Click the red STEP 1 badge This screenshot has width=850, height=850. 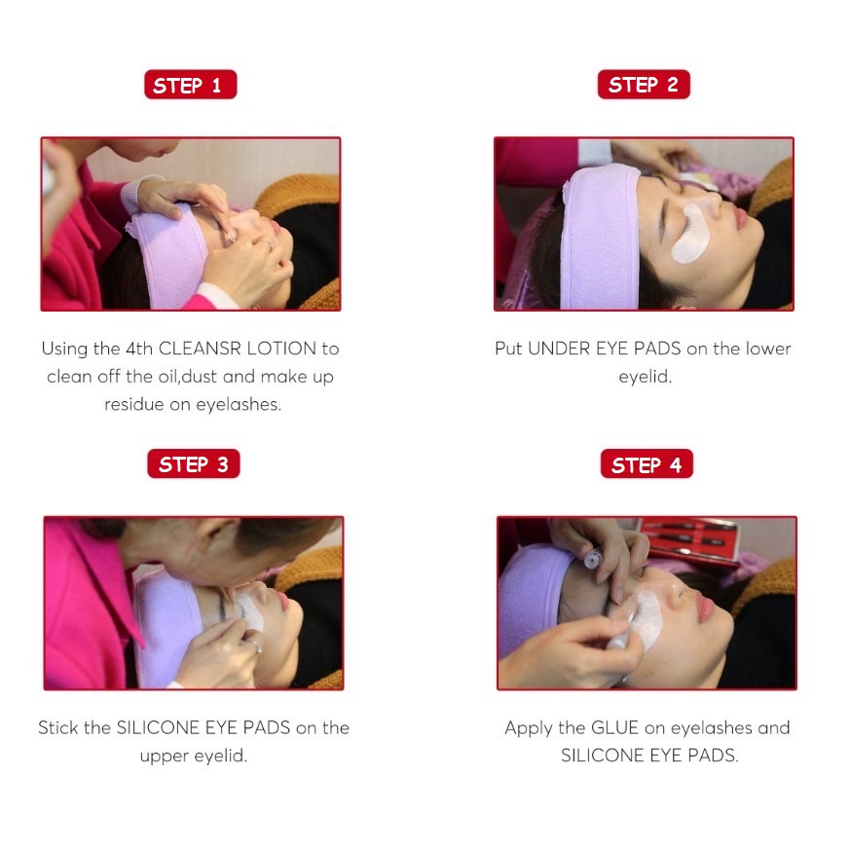(x=190, y=85)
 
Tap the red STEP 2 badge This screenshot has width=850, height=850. (x=644, y=85)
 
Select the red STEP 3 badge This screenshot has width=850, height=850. (x=194, y=464)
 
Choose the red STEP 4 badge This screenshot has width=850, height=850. (x=647, y=464)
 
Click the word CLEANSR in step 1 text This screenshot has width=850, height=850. (x=200, y=348)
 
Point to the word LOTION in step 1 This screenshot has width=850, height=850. (x=281, y=348)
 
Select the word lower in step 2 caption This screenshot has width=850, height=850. (x=768, y=348)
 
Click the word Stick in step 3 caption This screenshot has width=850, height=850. (x=58, y=727)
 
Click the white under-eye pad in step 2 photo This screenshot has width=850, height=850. (x=690, y=235)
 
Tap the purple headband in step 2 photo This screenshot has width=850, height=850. (x=600, y=239)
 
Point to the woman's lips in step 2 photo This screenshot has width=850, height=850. (x=739, y=215)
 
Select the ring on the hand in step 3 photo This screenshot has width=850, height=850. (x=256, y=647)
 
